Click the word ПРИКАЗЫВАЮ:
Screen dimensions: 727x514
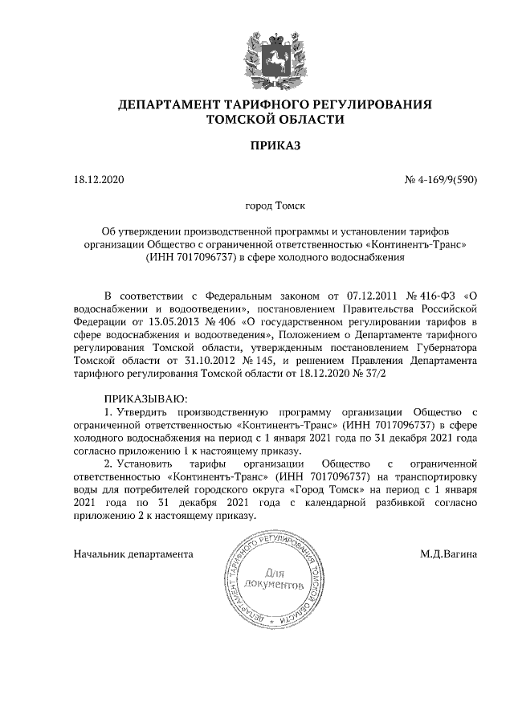tap(145, 398)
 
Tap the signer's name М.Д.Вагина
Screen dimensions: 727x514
tap(449, 553)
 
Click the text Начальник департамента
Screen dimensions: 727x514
tap(133, 553)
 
